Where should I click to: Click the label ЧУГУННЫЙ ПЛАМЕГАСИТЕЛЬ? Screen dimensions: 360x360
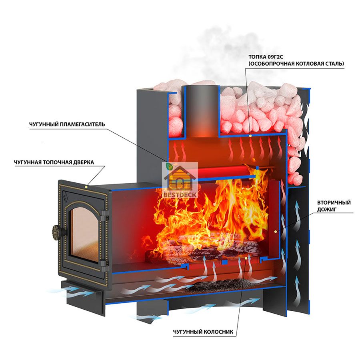point(67,124)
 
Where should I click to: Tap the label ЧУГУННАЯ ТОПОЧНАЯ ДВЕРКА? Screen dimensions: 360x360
point(54,162)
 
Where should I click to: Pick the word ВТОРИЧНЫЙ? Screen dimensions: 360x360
point(334,202)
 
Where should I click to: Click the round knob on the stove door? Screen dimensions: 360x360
point(56,230)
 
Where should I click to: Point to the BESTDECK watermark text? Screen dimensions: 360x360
point(180,195)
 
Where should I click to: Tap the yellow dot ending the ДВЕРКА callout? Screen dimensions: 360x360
point(86,187)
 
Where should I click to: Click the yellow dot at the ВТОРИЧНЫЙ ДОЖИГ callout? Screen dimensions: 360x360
point(275,232)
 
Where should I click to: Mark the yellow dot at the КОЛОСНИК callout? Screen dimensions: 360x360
point(246,258)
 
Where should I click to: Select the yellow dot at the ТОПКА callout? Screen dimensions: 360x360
point(250,136)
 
